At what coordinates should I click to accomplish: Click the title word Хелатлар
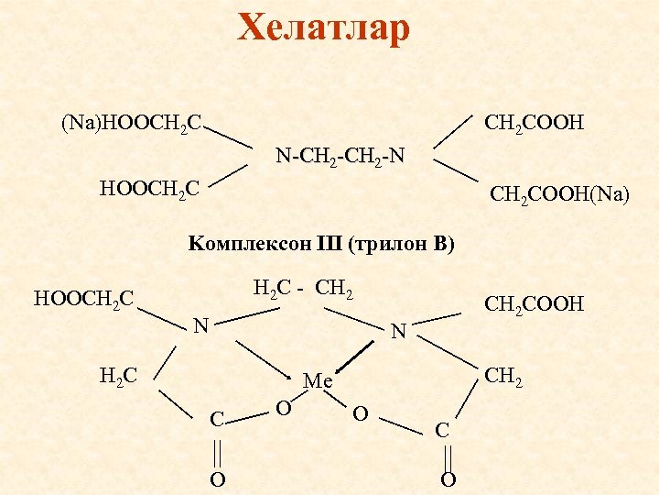pos(323,28)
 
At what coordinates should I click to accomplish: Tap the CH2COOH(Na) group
pos(559,194)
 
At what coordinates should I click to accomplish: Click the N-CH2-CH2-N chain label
pos(340,157)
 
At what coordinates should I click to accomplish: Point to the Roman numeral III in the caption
pos(329,245)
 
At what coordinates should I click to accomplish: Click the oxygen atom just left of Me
pos(284,406)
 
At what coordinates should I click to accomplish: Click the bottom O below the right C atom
pos(448,480)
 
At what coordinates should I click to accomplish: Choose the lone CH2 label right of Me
pos(504,375)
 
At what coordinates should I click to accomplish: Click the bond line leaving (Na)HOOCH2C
pos(229,135)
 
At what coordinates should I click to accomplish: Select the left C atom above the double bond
pos(217,420)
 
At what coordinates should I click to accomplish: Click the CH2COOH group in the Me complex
pos(534,303)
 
